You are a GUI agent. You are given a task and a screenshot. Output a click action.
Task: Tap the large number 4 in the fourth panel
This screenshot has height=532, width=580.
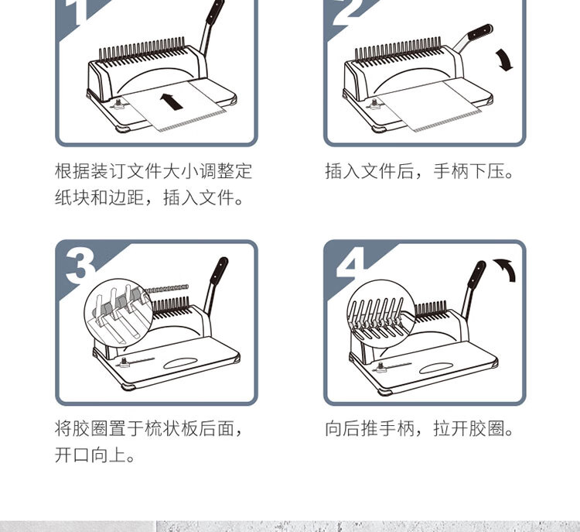point(350,264)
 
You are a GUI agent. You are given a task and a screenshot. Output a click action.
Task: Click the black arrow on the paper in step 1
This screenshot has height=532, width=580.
point(172,101)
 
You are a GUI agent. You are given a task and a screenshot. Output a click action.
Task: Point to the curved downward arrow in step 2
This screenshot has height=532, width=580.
point(504,60)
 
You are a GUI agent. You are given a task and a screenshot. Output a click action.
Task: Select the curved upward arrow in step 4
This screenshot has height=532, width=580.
point(507,267)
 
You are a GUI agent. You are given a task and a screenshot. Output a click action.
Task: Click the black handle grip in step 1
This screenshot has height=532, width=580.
point(215,12)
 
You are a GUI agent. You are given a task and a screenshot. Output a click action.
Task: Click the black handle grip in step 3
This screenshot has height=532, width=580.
point(219,271)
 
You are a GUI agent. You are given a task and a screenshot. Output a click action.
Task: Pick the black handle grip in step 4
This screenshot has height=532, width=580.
point(477,275)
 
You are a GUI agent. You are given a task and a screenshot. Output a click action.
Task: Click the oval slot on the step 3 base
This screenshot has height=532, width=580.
point(180,363)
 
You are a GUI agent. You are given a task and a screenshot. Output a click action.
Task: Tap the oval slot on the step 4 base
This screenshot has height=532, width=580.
point(435,368)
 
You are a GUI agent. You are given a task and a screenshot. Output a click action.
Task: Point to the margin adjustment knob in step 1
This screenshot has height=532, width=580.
point(118,104)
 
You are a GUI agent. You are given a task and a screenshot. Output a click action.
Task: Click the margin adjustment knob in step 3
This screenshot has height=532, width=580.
point(125,362)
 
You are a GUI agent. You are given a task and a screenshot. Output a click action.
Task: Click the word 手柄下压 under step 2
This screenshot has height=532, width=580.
point(469,171)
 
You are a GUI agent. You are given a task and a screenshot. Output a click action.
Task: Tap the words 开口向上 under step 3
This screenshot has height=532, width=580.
point(90,455)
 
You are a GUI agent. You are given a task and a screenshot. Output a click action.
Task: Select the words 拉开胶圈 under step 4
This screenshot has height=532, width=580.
point(469,429)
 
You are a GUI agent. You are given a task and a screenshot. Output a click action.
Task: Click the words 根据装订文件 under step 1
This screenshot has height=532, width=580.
point(108,171)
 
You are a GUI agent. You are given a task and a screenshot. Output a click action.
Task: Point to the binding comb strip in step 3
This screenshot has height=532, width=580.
point(167,288)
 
